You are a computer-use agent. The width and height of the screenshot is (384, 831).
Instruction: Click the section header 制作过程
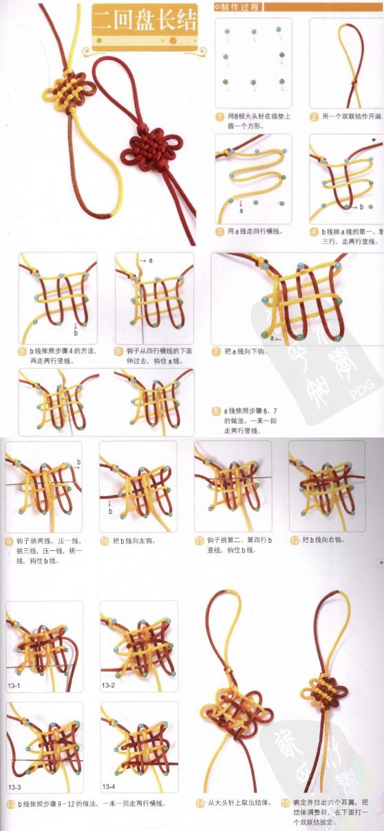[237, 7]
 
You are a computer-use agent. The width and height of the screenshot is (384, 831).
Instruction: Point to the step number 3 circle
[220, 232]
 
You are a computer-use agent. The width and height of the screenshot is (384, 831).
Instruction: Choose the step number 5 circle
[23, 351]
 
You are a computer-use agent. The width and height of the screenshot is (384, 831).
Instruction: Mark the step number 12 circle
[294, 540]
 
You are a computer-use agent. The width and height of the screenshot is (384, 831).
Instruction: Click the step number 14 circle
[200, 803]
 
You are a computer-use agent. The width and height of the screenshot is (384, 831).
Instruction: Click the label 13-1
[14, 686]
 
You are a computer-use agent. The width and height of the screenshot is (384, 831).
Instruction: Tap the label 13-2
[109, 685]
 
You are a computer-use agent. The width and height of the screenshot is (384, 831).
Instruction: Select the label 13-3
[14, 786]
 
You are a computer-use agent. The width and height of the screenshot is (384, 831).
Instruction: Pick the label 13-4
[109, 786]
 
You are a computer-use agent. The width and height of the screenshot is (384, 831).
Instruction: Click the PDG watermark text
[359, 393]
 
